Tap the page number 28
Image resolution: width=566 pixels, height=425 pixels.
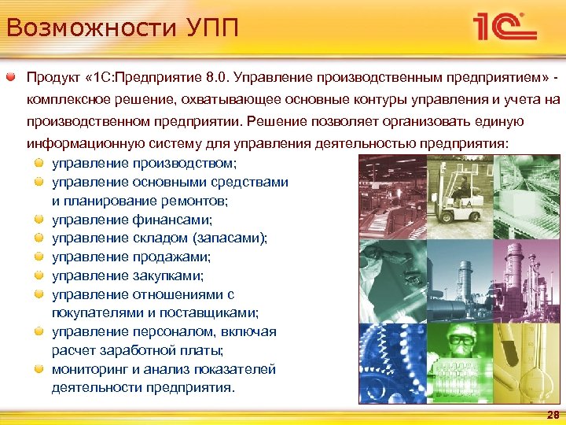[553, 415]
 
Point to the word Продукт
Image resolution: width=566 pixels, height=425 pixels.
[55, 78]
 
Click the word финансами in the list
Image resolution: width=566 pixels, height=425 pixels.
[174, 220]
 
